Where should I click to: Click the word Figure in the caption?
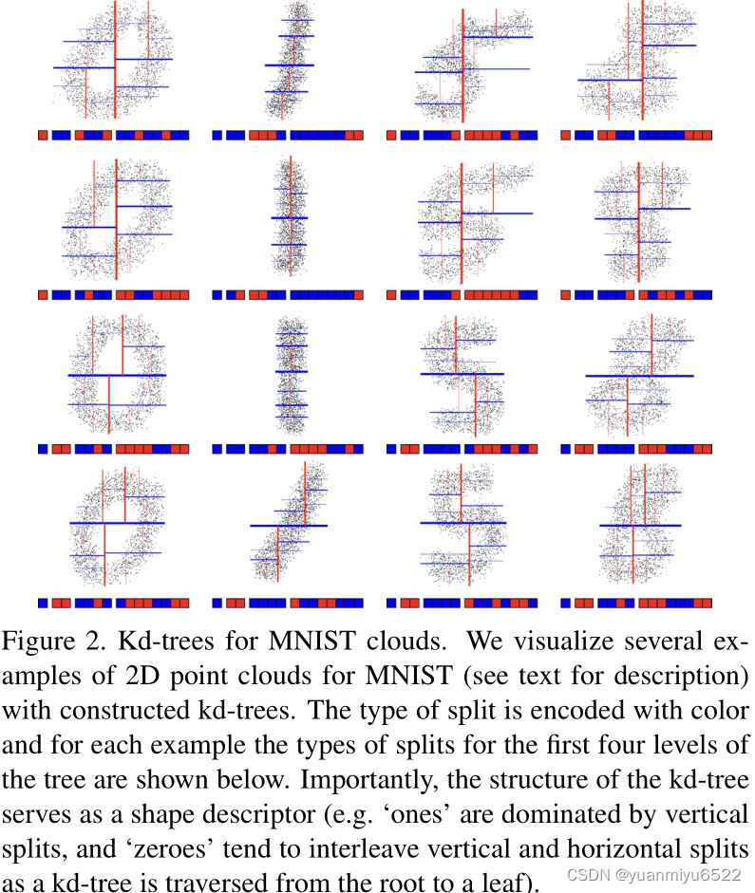(38, 642)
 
